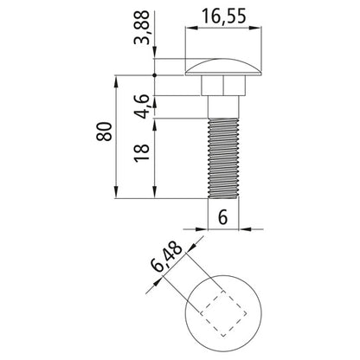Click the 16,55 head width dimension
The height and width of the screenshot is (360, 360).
(x=224, y=16)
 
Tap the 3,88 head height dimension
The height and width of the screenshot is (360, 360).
(x=142, y=28)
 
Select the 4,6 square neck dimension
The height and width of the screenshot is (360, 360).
(x=142, y=106)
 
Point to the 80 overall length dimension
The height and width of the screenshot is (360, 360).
(x=104, y=132)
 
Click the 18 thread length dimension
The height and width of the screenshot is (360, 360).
(x=142, y=152)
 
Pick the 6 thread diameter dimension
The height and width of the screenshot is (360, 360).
(x=222, y=217)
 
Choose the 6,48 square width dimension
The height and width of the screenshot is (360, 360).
(x=167, y=258)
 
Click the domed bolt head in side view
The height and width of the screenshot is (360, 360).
(x=223, y=67)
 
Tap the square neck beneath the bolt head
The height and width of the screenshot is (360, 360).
(x=223, y=86)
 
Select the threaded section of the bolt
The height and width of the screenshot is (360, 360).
(x=223, y=158)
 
